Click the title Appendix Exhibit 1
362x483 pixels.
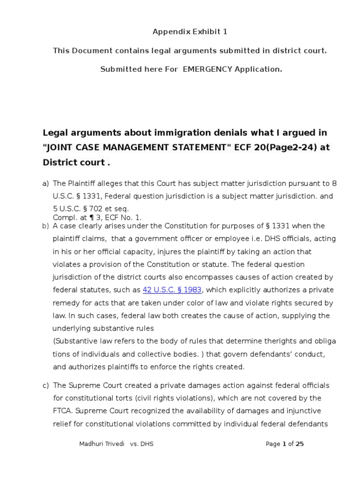183,32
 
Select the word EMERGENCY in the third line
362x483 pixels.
207,69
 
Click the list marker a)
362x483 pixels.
46,183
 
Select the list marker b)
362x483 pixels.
46,226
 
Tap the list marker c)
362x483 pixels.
46,385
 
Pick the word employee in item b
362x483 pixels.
213,239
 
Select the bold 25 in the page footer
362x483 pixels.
299,444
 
